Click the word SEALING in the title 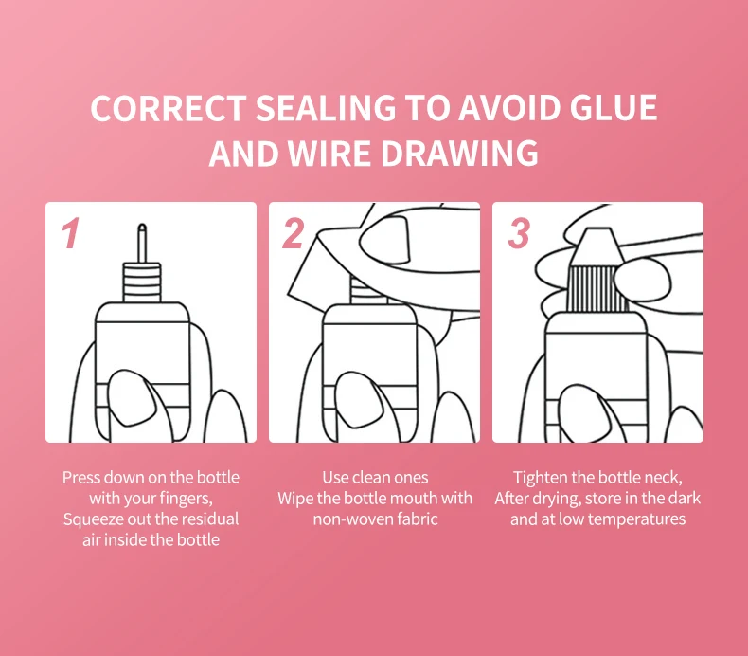coord(326,108)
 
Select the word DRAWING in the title coord(460,154)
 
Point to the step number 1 coord(71,233)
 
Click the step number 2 coord(293,233)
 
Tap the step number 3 coord(519,233)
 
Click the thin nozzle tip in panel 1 coord(142,243)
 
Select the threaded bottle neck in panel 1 coord(142,282)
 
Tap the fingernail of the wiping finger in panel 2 coord(384,241)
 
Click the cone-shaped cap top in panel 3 coord(596,247)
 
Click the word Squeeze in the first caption coord(93,519)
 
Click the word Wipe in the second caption coord(294,499)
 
